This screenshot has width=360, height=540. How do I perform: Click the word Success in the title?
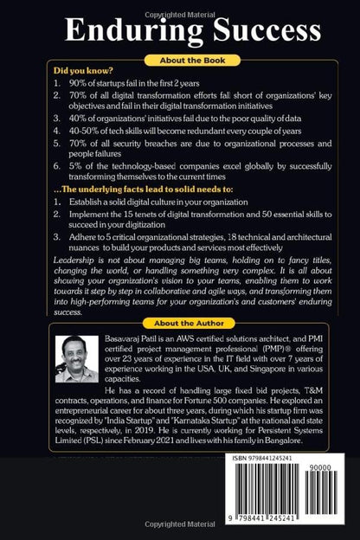click(246, 33)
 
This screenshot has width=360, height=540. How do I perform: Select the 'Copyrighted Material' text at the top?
click(179, 5)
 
